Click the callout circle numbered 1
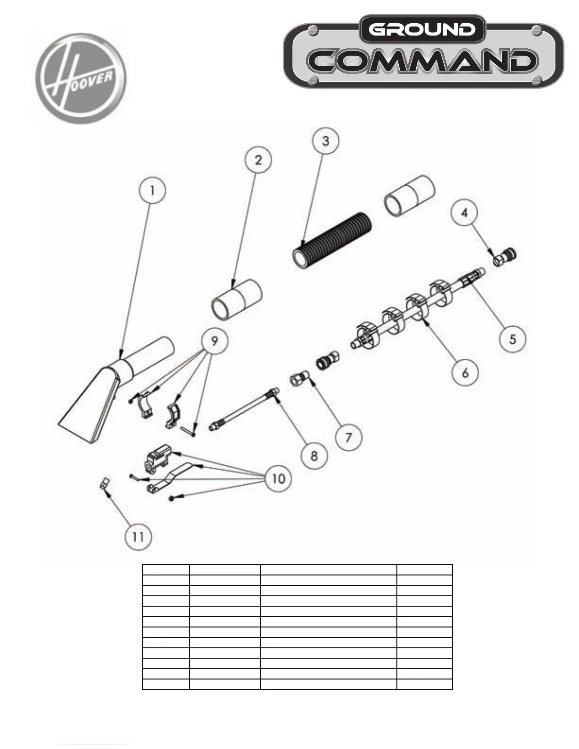(152, 191)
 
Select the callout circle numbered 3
(326, 140)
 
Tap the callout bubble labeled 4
(465, 213)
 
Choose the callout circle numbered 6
(465, 373)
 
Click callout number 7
(349, 437)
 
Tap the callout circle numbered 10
(278, 479)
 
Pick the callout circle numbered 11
(139, 537)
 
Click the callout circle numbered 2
(258, 160)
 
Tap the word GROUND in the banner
(422, 29)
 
